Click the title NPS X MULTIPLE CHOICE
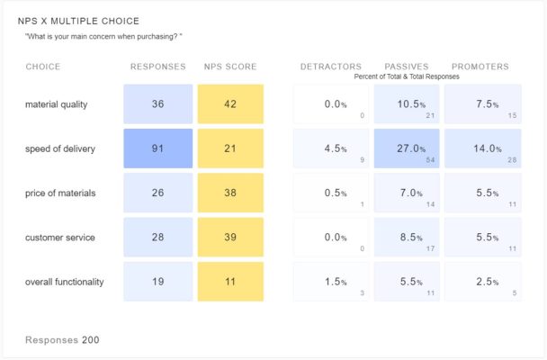(78, 20)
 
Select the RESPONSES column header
(157, 67)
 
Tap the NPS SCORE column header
(230, 67)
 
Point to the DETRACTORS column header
(330, 67)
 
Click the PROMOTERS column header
(480, 67)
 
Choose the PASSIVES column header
(407, 67)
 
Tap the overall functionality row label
(65, 282)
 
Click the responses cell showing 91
(158, 148)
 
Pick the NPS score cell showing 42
(230, 104)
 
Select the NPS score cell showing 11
(230, 282)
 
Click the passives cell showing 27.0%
(407, 148)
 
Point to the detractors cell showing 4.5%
(330, 148)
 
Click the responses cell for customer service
(158, 237)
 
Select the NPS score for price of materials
(230, 193)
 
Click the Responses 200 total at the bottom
(62, 340)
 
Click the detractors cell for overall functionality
(330, 282)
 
